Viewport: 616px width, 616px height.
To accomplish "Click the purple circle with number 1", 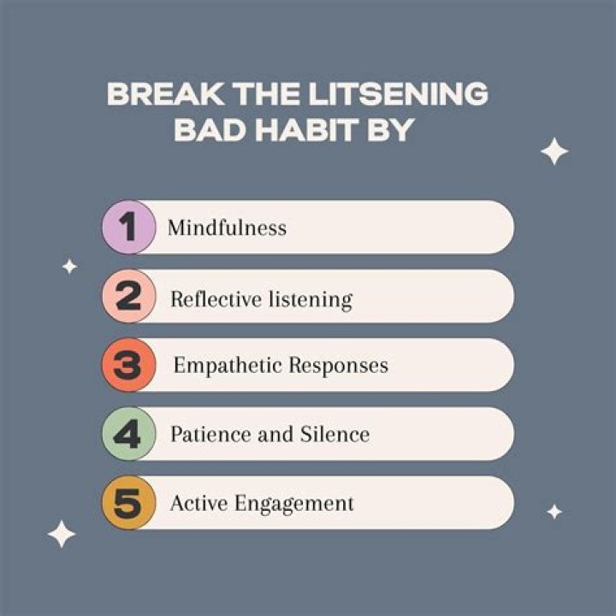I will pyautogui.click(x=128, y=228).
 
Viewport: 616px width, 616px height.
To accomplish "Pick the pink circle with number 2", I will pyautogui.click(x=128, y=297).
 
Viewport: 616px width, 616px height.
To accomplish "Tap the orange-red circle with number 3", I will pyautogui.click(x=128, y=366).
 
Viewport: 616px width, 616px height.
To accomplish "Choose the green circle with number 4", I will pyautogui.click(x=128, y=435).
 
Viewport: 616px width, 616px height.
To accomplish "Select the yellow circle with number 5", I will pyautogui.click(x=128, y=503).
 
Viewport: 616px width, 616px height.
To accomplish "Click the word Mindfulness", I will pyautogui.click(x=227, y=228).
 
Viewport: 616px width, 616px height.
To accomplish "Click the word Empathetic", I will pyautogui.click(x=227, y=366).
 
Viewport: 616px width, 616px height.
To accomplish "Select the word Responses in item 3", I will pyautogui.click(x=338, y=366).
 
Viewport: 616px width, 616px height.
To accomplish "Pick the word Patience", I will pyautogui.click(x=204, y=435).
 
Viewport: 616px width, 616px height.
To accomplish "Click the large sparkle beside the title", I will pyautogui.click(x=554, y=152).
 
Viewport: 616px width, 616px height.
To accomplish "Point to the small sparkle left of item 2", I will pyautogui.click(x=69, y=267).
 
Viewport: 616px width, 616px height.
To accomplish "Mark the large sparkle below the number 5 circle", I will pyautogui.click(x=62, y=534).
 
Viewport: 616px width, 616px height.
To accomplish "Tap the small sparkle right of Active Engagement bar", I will pyautogui.click(x=554, y=512).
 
